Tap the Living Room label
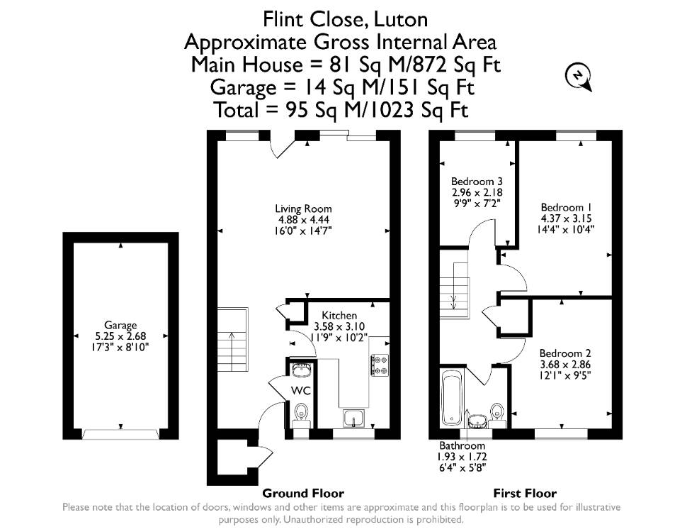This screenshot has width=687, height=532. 303,209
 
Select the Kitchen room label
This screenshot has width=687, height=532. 339,315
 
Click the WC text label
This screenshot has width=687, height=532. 300,391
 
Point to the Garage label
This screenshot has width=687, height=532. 120,326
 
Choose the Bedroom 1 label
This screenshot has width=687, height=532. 562,207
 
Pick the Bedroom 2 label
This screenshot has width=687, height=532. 565,353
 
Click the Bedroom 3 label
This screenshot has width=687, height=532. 477,182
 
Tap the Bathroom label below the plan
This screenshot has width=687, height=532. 462,445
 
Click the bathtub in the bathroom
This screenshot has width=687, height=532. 451,399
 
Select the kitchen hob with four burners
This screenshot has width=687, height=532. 380,365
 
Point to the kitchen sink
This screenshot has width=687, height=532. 353,418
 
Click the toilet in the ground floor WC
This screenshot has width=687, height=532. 300,415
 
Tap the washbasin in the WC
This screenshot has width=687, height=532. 300,370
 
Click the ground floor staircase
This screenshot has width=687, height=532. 233,339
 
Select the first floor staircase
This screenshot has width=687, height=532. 455,290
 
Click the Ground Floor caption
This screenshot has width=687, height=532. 303,494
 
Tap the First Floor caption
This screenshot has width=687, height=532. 525,494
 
